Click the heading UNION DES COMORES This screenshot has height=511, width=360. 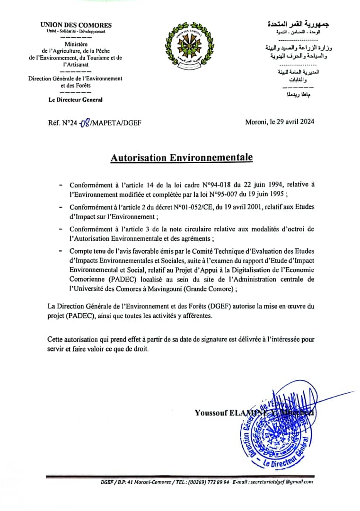tap(76, 25)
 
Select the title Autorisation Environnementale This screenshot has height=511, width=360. tap(182, 158)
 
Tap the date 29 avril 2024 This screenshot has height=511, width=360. tap(294, 122)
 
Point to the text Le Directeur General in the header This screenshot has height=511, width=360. tap(76, 100)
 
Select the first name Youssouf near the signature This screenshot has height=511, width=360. tap(211, 413)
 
